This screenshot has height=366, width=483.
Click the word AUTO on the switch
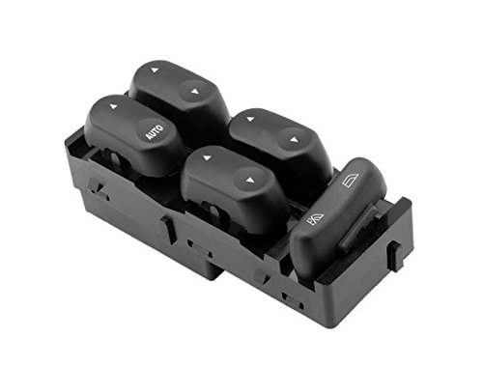(x=155, y=132)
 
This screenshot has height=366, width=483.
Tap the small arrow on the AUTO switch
(x=113, y=106)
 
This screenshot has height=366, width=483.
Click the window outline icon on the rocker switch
(x=351, y=180)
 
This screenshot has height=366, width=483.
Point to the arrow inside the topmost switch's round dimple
(x=194, y=92)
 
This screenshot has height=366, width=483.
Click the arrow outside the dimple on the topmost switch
(x=155, y=70)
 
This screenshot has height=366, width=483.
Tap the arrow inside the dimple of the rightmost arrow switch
(x=294, y=139)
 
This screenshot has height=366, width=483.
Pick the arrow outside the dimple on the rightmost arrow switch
(x=250, y=120)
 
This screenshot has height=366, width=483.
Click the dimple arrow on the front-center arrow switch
(x=250, y=181)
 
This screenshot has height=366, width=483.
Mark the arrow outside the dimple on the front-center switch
(x=207, y=158)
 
